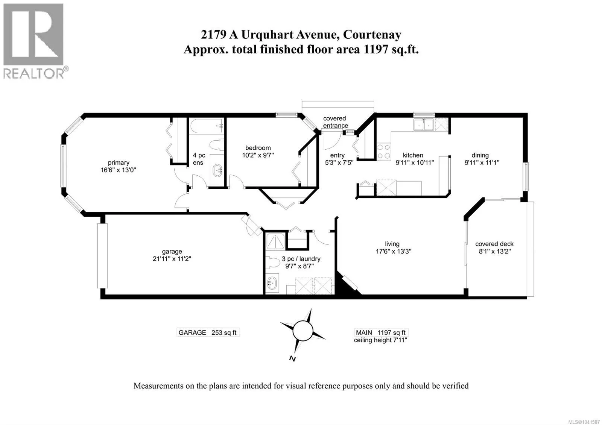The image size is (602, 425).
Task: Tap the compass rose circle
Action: (303, 331)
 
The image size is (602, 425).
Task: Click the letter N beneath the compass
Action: (292, 359)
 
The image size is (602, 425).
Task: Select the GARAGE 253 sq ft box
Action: (208, 332)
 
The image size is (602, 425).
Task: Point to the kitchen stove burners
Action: (383, 151)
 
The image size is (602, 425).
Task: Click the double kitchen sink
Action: (424, 124)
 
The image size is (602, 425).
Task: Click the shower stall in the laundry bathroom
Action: (275, 241)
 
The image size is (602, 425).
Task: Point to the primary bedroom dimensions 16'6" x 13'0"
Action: (119, 170)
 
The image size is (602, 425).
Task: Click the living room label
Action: (392, 244)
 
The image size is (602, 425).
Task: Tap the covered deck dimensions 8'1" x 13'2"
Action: (495, 251)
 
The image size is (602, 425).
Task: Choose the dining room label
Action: (480, 155)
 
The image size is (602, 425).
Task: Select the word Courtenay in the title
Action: (372, 35)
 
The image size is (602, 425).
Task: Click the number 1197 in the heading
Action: (376, 49)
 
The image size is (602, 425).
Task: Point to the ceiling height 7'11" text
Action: (380, 340)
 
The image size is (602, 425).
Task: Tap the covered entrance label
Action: (335, 122)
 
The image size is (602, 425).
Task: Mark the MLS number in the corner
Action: (585, 422)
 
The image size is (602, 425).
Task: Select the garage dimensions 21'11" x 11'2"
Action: (172, 259)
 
